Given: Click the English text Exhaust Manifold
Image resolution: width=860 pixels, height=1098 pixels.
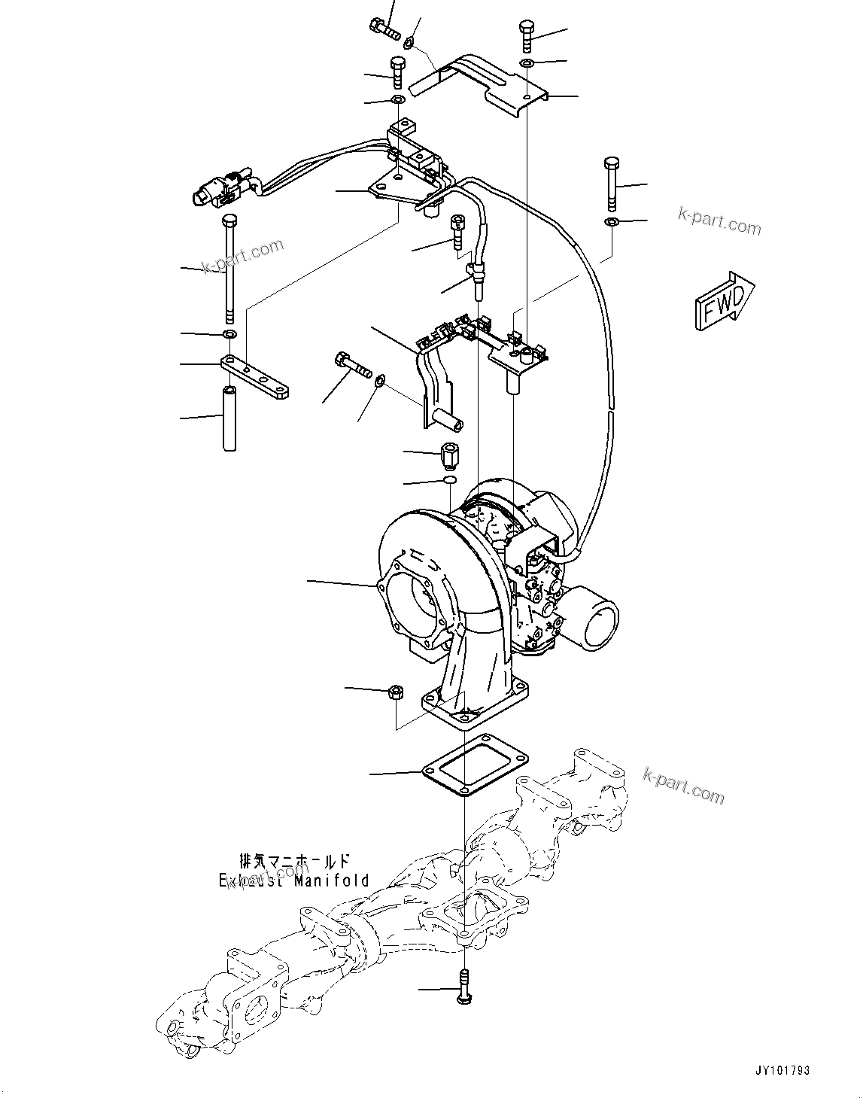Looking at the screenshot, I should coord(294,880).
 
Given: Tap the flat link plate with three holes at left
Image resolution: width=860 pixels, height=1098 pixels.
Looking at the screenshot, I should coord(256,377).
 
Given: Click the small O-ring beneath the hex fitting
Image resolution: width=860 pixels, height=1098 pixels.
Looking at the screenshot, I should coord(450,480).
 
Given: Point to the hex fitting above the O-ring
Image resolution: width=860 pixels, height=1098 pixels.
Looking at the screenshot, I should coord(450,455).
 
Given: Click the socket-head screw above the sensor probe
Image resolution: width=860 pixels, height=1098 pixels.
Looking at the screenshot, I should coord(457,233).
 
